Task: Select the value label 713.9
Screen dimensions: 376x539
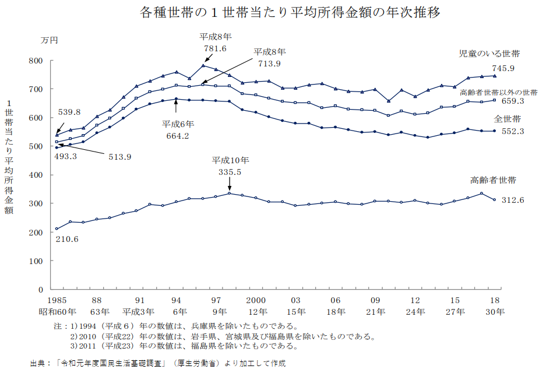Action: pos(268,64)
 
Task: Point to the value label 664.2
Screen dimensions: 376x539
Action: pos(178,136)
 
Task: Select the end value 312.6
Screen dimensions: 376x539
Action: pos(513,200)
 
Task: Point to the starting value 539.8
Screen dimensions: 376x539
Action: pos(69,112)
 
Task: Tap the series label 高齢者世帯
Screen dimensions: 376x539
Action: pos(493,180)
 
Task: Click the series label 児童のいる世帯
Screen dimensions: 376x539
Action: pos(489,54)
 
